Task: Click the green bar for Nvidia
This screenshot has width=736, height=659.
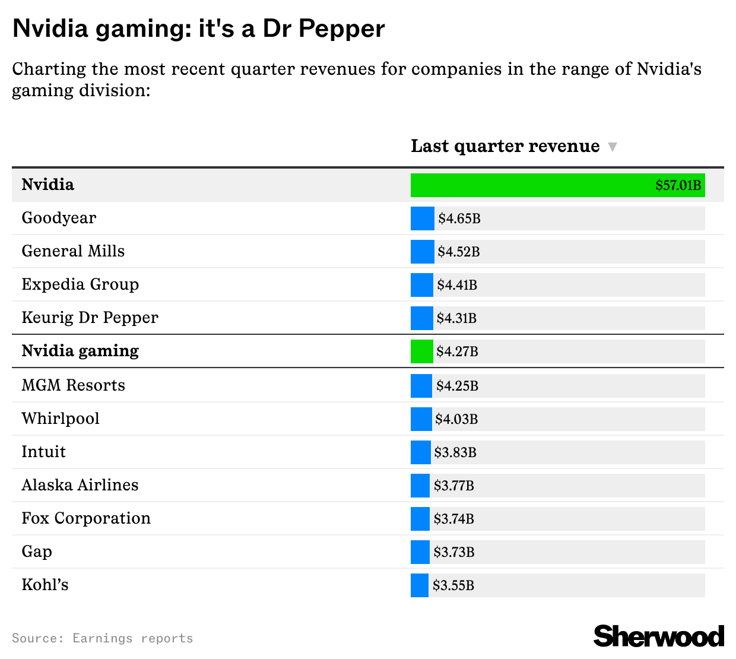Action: [x=528, y=185]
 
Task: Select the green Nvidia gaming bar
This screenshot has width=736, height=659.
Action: [x=421, y=351]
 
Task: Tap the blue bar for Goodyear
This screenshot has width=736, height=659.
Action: [x=422, y=218]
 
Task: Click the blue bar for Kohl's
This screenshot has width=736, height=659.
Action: [x=419, y=585]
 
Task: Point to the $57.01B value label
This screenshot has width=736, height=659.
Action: [x=678, y=185]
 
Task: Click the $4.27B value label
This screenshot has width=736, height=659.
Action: [x=457, y=351]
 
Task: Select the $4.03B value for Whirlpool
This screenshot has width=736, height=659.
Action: [x=456, y=419]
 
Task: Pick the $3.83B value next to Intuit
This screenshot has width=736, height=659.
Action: [x=455, y=452]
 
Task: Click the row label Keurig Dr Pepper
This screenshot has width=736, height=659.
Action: [x=90, y=318]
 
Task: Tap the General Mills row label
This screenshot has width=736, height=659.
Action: [x=73, y=251]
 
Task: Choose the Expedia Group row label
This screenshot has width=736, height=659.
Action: [x=80, y=284]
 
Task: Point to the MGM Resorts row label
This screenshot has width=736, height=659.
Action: [x=73, y=385]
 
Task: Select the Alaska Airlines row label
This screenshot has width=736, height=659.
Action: [x=80, y=485]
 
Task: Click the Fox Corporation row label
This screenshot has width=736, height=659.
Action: [x=86, y=518]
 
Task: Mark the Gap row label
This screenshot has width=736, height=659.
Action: [x=37, y=552]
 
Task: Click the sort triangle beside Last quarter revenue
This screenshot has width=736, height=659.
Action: [x=613, y=147]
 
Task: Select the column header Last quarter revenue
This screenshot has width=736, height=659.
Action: [x=505, y=146]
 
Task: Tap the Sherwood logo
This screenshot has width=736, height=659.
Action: [x=658, y=636]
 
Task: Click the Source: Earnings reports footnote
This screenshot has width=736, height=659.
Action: [x=102, y=638]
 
